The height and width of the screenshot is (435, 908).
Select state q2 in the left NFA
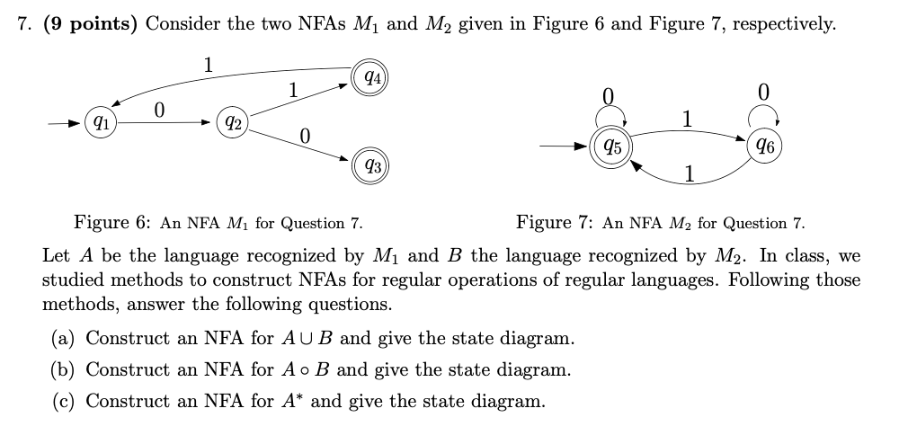[x=231, y=120]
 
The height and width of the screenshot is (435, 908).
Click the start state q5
[x=611, y=144]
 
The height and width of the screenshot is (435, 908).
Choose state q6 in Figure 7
[x=762, y=144]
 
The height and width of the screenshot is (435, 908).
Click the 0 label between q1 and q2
[x=159, y=109]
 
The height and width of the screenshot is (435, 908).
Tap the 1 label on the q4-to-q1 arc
[x=208, y=64]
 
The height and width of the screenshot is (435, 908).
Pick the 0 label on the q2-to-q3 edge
[x=305, y=136]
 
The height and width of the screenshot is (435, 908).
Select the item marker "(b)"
[x=65, y=369]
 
